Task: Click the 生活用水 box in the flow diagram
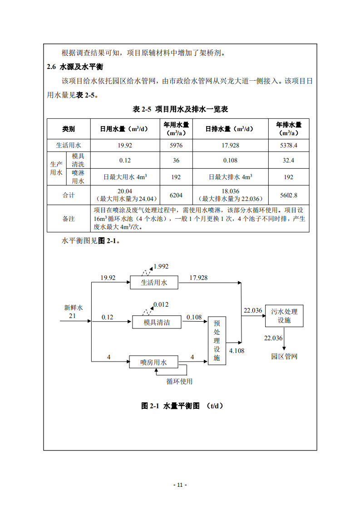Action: click(154, 283)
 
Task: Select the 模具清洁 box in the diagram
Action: click(157, 322)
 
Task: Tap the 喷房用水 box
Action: click(153, 362)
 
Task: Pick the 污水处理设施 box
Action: click(284, 316)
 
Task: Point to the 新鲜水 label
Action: click(74, 308)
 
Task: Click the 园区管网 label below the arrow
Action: click(284, 356)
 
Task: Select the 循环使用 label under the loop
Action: click(179, 381)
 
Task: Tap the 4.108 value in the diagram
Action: click(237, 351)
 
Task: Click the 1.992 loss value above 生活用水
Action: click(161, 266)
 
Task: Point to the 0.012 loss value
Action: click(161, 304)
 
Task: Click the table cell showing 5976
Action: click(176, 145)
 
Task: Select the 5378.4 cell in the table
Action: click(289, 145)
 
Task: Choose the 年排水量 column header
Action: click(289, 128)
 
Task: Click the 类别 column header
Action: click(69, 129)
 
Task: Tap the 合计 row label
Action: click(69, 195)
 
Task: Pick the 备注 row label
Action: click(69, 218)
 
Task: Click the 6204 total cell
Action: click(176, 195)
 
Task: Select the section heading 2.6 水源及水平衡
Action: click(75, 67)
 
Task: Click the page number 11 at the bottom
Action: click(180, 485)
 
